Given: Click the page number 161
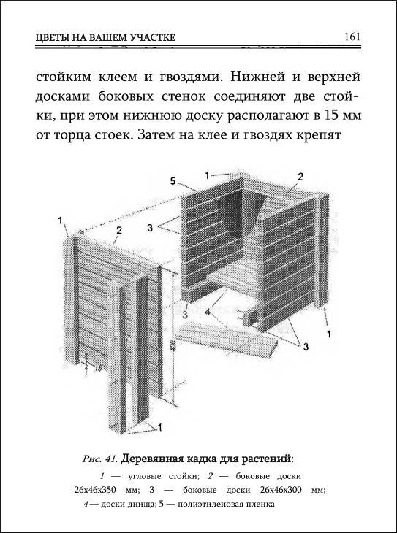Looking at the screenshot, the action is pyautogui.click(x=352, y=37).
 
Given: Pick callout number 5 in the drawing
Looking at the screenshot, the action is pyautogui.click(x=173, y=181).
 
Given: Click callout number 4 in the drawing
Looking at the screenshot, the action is pyautogui.click(x=208, y=312).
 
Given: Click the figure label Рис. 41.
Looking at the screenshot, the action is pyautogui.click(x=99, y=459).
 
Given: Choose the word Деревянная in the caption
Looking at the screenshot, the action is pyautogui.click(x=153, y=459).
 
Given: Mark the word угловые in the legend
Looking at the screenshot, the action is pyautogui.click(x=145, y=476).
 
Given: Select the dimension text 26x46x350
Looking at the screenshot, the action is pyautogui.click(x=95, y=490).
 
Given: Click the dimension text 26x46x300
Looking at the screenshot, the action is pyautogui.click(x=281, y=490).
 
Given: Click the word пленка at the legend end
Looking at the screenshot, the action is pyautogui.click(x=263, y=504).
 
